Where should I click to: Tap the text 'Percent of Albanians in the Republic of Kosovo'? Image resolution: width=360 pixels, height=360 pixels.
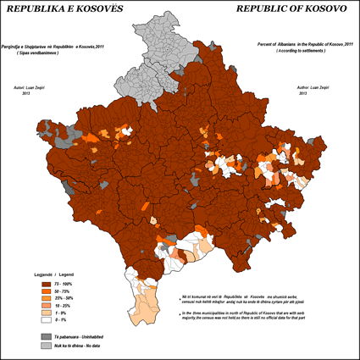coord(300,42)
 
